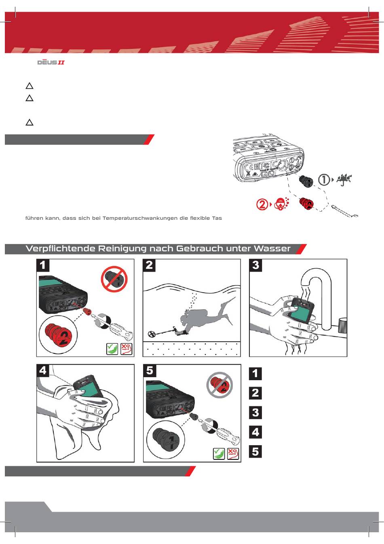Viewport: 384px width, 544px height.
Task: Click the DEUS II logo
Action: tap(51, 62)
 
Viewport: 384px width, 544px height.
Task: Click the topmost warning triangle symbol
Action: tap(30, 86)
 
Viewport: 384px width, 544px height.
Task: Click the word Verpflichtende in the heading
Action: tap(61, 249)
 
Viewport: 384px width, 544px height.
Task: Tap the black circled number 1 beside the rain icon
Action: tap(324, 180)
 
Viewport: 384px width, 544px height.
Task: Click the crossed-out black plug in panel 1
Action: tap(114, 279)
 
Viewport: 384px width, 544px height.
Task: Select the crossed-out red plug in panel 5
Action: tap(220, 385)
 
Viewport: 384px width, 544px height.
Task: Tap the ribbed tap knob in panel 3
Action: tap(342, 325)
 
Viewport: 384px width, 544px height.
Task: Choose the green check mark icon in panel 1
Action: tap(112, 348)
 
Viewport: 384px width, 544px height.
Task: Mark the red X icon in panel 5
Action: tap(233, 454)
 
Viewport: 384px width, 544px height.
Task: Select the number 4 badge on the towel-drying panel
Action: tap(43, 370)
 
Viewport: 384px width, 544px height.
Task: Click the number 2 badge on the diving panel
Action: tap(150, 265)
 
